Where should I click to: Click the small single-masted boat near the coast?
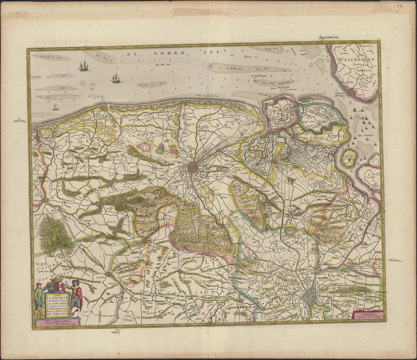(x=55, y=107)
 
